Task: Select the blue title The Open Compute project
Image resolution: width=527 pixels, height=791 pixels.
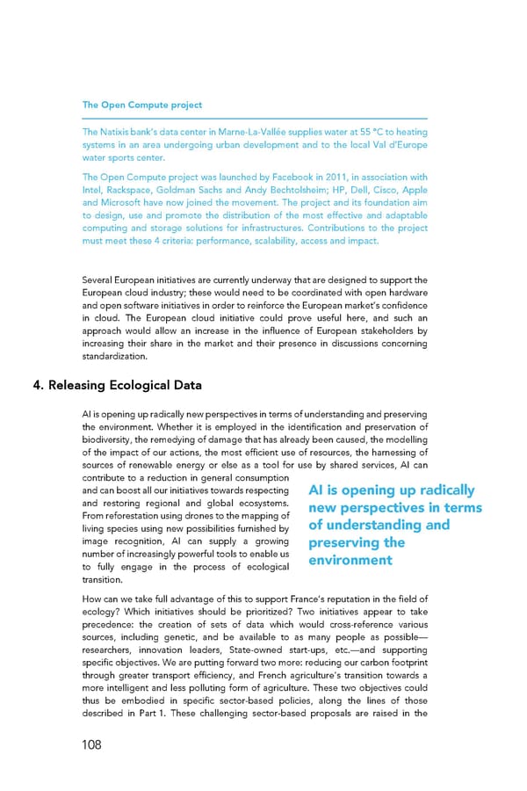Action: coord(141,105)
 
